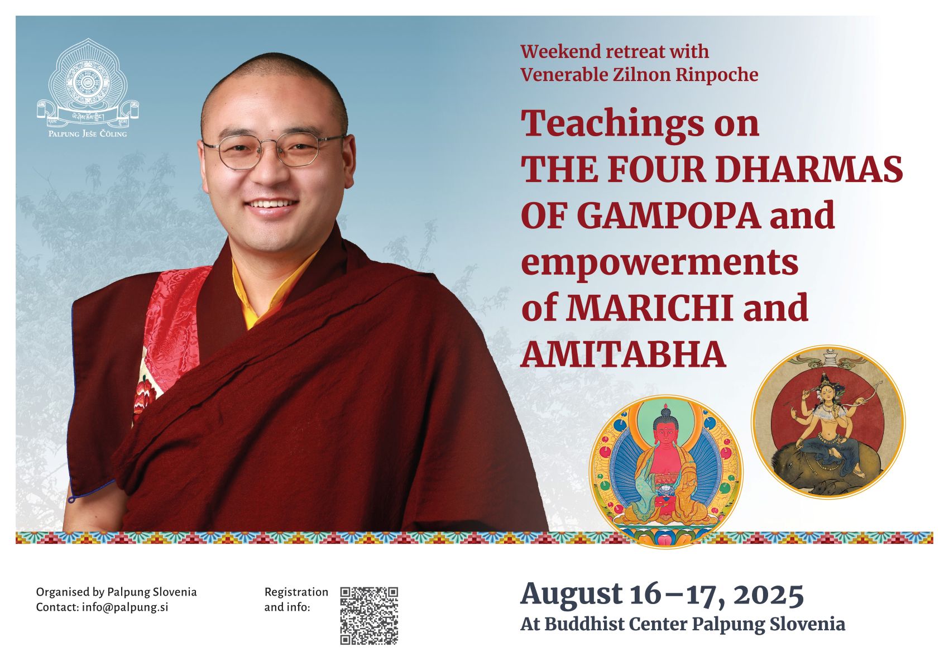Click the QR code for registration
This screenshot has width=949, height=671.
[x=369, y=616]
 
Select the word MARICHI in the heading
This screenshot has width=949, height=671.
[x=650, y=307]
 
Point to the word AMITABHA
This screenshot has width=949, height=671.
[x=623, y=354]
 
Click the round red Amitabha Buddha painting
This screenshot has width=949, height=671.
[x=666, y=472]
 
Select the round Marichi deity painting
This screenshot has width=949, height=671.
[x=828, y=422]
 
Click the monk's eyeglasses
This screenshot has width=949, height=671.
[x=274, y=150]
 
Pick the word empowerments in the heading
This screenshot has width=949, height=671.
[x=660, y=262]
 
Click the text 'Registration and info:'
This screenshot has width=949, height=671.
[x=296, y=600]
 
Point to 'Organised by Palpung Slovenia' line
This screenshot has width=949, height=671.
[x=117, y=592]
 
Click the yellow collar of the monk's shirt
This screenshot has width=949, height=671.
[x=271, y=293]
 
